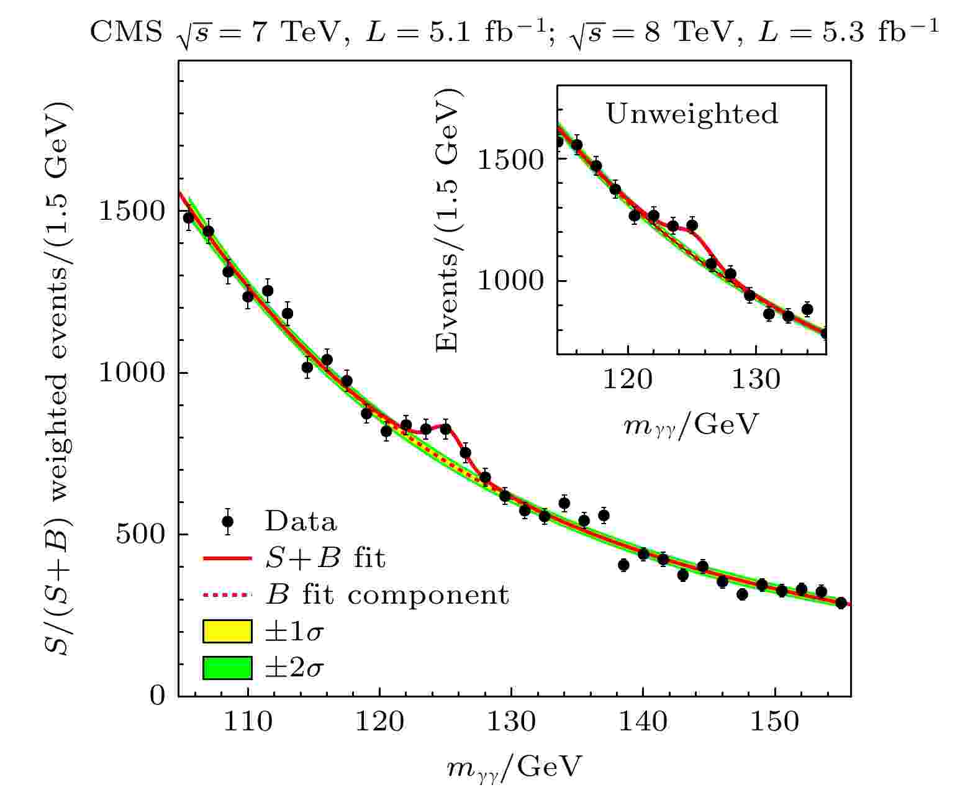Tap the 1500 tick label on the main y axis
point(132,212)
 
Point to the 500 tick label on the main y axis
point(141,535)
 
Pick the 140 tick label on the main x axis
point(643,722)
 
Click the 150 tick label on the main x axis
point(774,722)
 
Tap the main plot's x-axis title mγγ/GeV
point(514,768)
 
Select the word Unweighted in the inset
point(691,114)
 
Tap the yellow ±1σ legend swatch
point(227,632)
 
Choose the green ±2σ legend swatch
point(227,668)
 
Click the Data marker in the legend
point(227,521)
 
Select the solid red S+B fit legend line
point(227,558)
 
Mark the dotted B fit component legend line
point(227,595)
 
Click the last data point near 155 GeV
point(841,603)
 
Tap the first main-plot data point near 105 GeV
point(189,217)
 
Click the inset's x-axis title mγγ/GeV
point(690,425)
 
